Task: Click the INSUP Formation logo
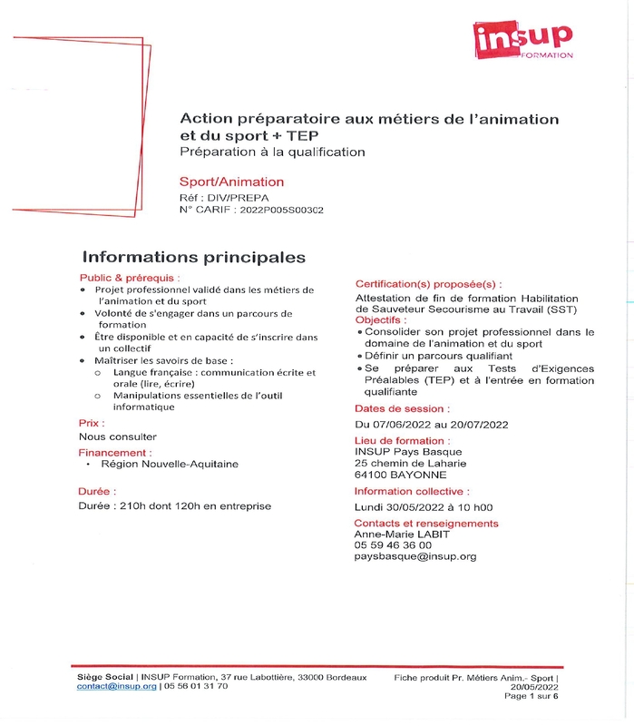tap(523, 40)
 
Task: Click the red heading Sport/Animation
tap(231, 181)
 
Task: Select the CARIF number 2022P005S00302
tap(280, 210)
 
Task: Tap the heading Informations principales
tap(194, 257)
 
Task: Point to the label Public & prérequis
tap(129, 278)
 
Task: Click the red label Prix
tap(92, 423)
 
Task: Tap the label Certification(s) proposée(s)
tap(428, 284)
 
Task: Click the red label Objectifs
tap(381, 320)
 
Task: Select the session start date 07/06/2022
tap(401, 424)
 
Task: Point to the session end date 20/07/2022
tap(478, 424)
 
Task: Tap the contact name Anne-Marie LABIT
tap(402, 534)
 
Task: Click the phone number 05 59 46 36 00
tap(393, 544)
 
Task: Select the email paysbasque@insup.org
tap(415, 556)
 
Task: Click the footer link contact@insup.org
tap(117, 687)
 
